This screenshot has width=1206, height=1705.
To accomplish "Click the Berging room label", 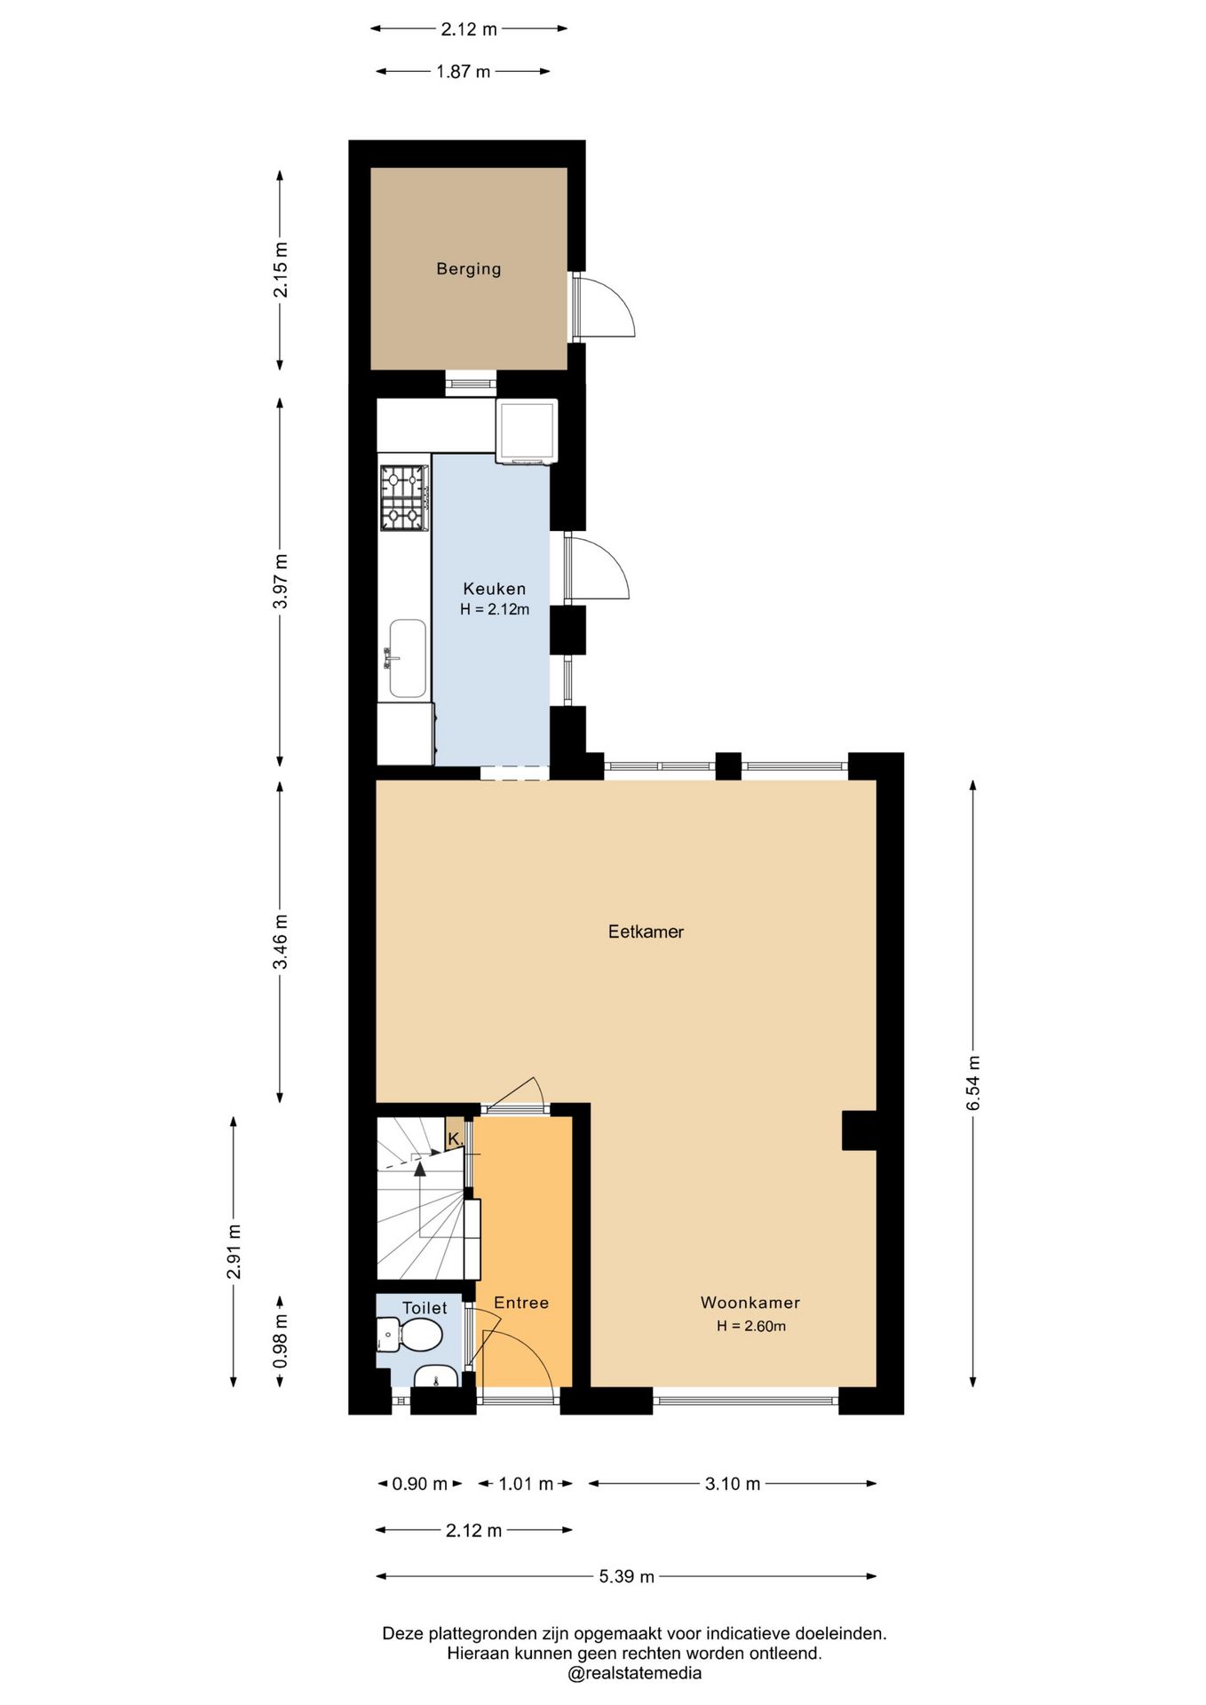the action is point(468,269).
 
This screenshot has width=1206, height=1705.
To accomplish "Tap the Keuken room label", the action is point(495,589).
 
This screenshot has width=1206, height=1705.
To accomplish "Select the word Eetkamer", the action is point(646,932).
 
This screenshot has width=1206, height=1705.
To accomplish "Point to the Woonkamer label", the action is point(750,1303).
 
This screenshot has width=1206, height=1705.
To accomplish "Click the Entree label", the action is point(521,1303).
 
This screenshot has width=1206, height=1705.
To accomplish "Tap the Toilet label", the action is point(424,1308).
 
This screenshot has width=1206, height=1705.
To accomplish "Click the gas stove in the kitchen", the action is point(404,498).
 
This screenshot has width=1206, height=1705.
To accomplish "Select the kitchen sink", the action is point(407,658).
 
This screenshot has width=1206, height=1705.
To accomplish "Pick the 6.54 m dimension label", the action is point(973,1082).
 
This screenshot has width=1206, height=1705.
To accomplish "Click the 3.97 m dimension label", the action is point(280,581).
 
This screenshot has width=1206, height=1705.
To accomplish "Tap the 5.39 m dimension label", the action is point(626,1576).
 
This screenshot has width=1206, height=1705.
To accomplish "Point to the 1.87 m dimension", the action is point(463,71).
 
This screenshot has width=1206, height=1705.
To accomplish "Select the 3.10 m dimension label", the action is point(733,1484).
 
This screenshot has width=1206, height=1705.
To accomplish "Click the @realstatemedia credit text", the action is point(634,1673).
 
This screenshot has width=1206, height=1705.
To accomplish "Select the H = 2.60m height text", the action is point(751,1326).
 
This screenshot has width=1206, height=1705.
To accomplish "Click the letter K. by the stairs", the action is point(455,1138).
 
